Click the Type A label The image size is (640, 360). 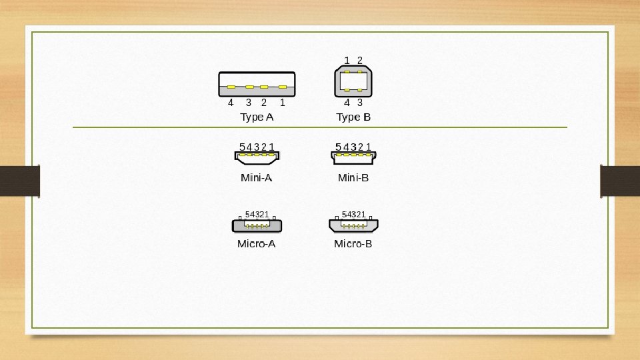point(257,117)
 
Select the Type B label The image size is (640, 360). point(353,117)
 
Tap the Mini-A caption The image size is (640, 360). point(257,178)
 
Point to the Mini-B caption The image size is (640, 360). point(353,178)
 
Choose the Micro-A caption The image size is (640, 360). point(257,244)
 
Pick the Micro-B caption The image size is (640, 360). point(353,244)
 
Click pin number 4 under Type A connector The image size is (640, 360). point(231,103)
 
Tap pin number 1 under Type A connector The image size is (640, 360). point(283,103)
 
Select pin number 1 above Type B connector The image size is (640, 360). point(347,61)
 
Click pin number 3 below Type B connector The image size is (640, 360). point(360,103)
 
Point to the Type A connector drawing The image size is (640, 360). point(257,84)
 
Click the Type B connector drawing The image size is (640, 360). point(353,81)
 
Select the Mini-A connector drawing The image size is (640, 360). point(257,157)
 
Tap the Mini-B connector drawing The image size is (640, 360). point(353,157)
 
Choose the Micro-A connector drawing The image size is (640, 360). point(257,225)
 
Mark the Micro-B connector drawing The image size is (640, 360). point(353,225)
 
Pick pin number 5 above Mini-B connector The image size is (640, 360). point(339,147)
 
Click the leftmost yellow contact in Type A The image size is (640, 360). point(231,87)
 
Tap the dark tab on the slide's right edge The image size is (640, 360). point(620,181)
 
